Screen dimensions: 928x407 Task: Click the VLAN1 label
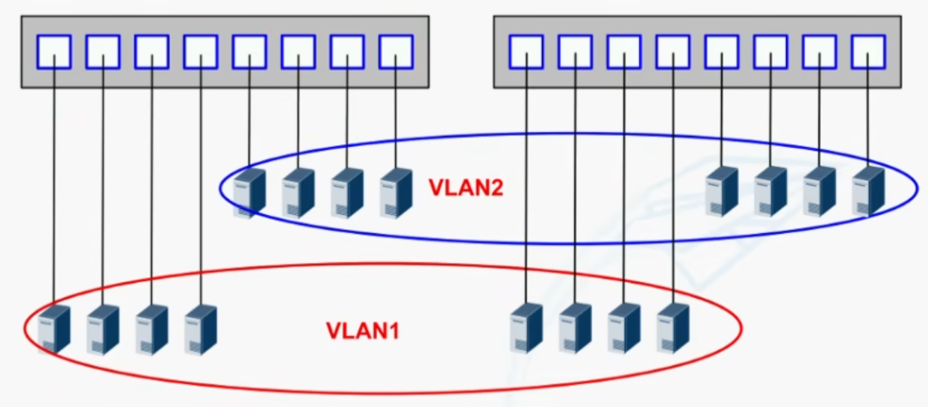[x=363, y=331]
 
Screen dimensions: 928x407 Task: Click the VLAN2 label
[x=466, y=187]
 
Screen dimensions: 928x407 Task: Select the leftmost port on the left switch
[x=54, y=52]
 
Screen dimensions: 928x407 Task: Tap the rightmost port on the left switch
[x=396, y=52]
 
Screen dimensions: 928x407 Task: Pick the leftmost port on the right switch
[x=526, y=52]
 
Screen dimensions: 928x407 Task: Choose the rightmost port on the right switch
[x=868, y=52]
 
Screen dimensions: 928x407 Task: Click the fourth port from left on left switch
[x=201, y=52]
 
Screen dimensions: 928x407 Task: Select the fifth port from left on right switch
[x=722, y=52]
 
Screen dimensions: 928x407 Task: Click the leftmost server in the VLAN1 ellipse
[x=54, y=329]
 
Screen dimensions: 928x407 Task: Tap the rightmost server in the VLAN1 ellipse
[x=673, y=329]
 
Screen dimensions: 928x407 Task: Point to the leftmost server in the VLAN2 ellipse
[x=249, y=193]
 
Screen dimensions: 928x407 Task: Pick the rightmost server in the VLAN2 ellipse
[x=868, y=191]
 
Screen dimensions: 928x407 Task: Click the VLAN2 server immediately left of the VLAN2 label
[x=396, y=193]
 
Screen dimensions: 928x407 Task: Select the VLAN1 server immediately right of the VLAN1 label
[x=526, y=329]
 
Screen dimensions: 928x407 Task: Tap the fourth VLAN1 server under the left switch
[x=201, y=329]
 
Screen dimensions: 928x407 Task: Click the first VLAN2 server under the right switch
[x=722, y=191]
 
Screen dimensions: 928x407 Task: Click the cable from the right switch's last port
[x=868, y=111]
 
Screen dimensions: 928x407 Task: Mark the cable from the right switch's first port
[x=526, y=179]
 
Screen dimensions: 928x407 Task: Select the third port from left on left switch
[x=152, y=52]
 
